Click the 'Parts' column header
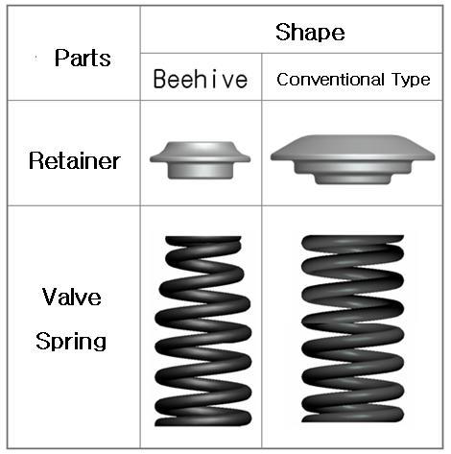[x=83, y=58]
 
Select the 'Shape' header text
[x=310, y=32]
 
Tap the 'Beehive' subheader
[x=201, y=79]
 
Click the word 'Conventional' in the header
[x=330, y=80]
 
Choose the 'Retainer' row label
[x=75, y=160]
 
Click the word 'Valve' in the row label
[x=72, y=297]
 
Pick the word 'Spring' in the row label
[x=71, y=341]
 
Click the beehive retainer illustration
[x=201, y=159]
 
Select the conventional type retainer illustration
[x=352, y=159]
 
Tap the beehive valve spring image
[x=202, y=331]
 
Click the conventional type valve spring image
[x=352, y=329]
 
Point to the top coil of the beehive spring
[x=203, y=242]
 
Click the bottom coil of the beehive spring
[x=203, y=418]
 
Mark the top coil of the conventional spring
[x=352, y=241]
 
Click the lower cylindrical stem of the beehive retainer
[x=201, y=170]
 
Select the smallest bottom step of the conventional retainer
[x=353, y=179]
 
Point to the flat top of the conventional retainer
[x=352, y=137]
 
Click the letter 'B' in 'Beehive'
[x=159, y=79]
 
